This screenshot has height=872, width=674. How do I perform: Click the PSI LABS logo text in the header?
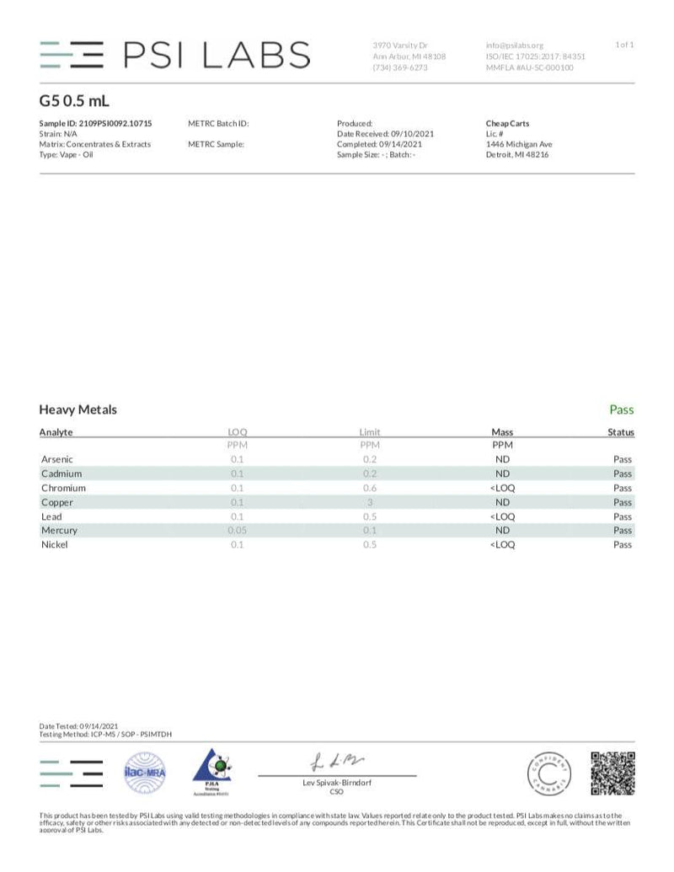[217, 55]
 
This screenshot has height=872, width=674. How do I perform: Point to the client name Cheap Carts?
[508, 123]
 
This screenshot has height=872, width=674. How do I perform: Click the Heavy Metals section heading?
[78, 410]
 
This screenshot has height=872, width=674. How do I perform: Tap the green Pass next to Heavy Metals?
[621, 410]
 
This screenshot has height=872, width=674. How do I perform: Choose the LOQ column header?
[237, 432]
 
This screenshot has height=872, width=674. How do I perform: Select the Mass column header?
[502, 432]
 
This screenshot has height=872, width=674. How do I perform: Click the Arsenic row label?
[57, 460]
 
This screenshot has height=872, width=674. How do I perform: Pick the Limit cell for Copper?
[370, 502]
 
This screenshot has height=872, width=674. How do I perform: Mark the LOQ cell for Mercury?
[237, 531]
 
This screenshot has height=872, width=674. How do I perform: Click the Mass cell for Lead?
[502, 516]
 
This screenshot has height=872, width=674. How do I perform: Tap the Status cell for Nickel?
[622, 545]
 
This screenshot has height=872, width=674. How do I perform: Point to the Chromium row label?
[63, 488]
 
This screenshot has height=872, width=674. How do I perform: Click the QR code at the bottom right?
[612, 773]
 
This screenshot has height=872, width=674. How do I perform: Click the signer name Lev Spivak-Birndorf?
[336, 783]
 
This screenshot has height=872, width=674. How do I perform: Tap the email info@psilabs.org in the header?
[515, 45]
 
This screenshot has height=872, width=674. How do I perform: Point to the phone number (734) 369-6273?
[399, 67]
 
